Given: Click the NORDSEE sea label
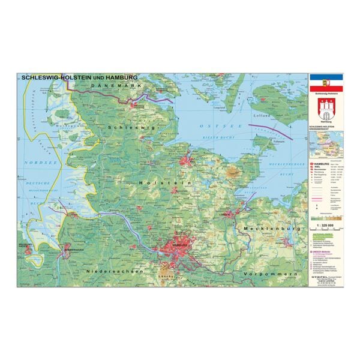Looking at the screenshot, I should click(x=36, y=163).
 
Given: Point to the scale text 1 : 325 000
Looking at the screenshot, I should click(x=323, y=224).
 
